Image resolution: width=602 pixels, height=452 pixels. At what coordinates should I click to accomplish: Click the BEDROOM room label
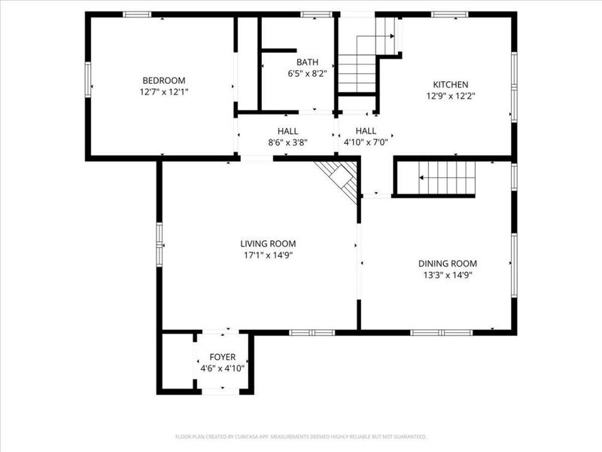(x=164, y=81)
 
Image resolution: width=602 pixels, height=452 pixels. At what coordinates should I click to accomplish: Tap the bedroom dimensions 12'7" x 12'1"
(x=164, y=92)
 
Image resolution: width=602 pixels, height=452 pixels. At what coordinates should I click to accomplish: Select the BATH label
(x=307, y=63)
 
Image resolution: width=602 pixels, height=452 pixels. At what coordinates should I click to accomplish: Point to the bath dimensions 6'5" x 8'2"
(x=307, y=74)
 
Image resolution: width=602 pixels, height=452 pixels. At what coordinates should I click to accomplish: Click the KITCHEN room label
(x=451, y=84)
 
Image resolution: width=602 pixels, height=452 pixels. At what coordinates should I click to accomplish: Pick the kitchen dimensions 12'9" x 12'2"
(x=451, y=96)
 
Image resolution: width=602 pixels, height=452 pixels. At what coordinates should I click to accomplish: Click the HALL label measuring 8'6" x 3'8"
(x=287, y=130)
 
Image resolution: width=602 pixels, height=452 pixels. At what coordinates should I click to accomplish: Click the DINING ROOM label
(x=448, y=263)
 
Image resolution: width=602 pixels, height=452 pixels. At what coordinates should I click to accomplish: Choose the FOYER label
(x=223, y=357)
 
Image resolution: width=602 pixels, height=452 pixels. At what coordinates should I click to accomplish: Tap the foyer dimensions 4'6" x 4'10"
(x=223, y=368)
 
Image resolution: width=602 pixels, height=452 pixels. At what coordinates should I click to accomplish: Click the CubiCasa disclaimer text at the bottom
(x=301, y=436)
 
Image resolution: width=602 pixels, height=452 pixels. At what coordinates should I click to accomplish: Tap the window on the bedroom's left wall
(x=88, y=79)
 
